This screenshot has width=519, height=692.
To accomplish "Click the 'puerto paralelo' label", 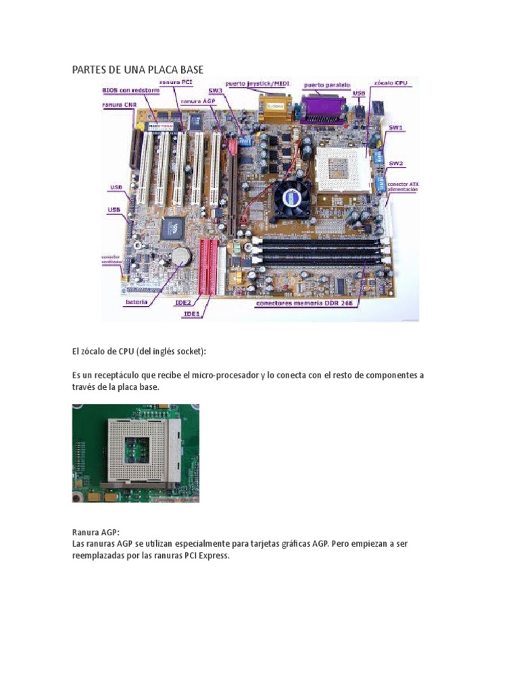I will [x=327, y=86].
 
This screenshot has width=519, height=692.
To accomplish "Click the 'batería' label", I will [x=136, y=303].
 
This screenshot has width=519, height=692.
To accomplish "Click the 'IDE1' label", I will [x=191, y=314].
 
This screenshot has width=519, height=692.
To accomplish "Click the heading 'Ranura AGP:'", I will [x=95, y=533].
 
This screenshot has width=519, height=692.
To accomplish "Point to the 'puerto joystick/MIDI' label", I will [x=257, y=84].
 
